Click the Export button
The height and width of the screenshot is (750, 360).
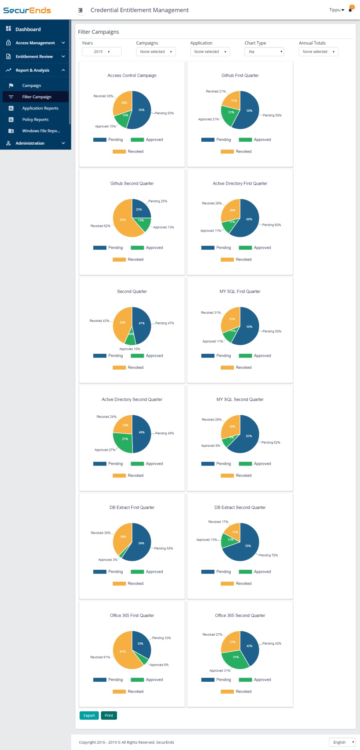[89, 716]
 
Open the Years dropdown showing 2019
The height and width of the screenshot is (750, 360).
[101, 52]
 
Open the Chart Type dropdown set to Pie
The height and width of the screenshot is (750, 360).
[264, 52]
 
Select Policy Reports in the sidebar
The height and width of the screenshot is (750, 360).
[35, 120]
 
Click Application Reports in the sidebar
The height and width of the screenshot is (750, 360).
[40, 108]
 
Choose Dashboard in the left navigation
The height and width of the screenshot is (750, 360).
[28, 29]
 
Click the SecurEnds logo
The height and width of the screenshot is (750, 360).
[27, 10]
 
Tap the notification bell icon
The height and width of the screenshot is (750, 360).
[350, 10]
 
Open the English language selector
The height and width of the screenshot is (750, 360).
[342, 742]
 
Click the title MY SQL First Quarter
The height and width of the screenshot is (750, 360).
[240, 292]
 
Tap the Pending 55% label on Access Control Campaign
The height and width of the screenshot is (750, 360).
[164, 113]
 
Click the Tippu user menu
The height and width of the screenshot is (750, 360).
[336, 10]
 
